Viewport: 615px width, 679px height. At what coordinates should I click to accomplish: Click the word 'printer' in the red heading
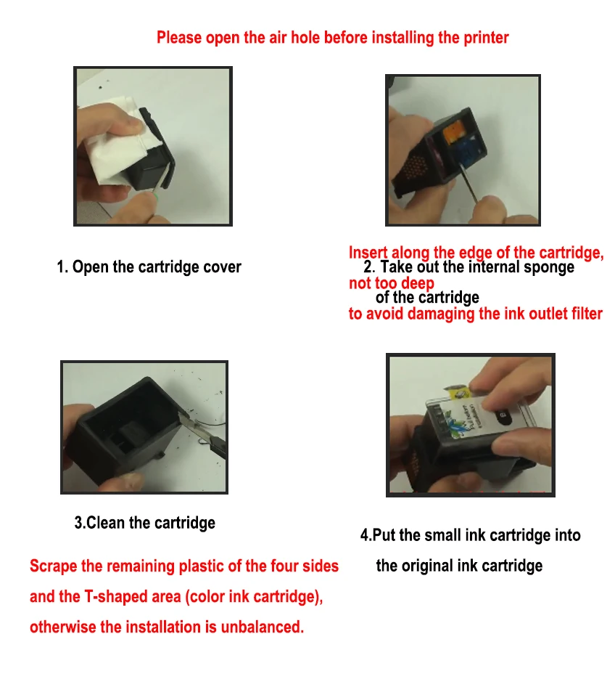(486, 38)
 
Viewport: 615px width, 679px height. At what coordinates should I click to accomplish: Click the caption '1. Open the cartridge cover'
(149, 267)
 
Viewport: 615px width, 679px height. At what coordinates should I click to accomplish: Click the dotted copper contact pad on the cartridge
(414, 167)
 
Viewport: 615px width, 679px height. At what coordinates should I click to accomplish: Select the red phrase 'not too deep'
(392, 283)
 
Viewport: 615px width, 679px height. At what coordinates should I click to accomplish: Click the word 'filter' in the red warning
(587, 314)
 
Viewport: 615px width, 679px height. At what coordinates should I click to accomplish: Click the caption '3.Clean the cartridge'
(144, 523)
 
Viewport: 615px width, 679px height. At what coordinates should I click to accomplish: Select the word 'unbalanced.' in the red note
(263, 627)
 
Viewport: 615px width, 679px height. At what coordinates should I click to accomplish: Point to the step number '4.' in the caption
(366, 535)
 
